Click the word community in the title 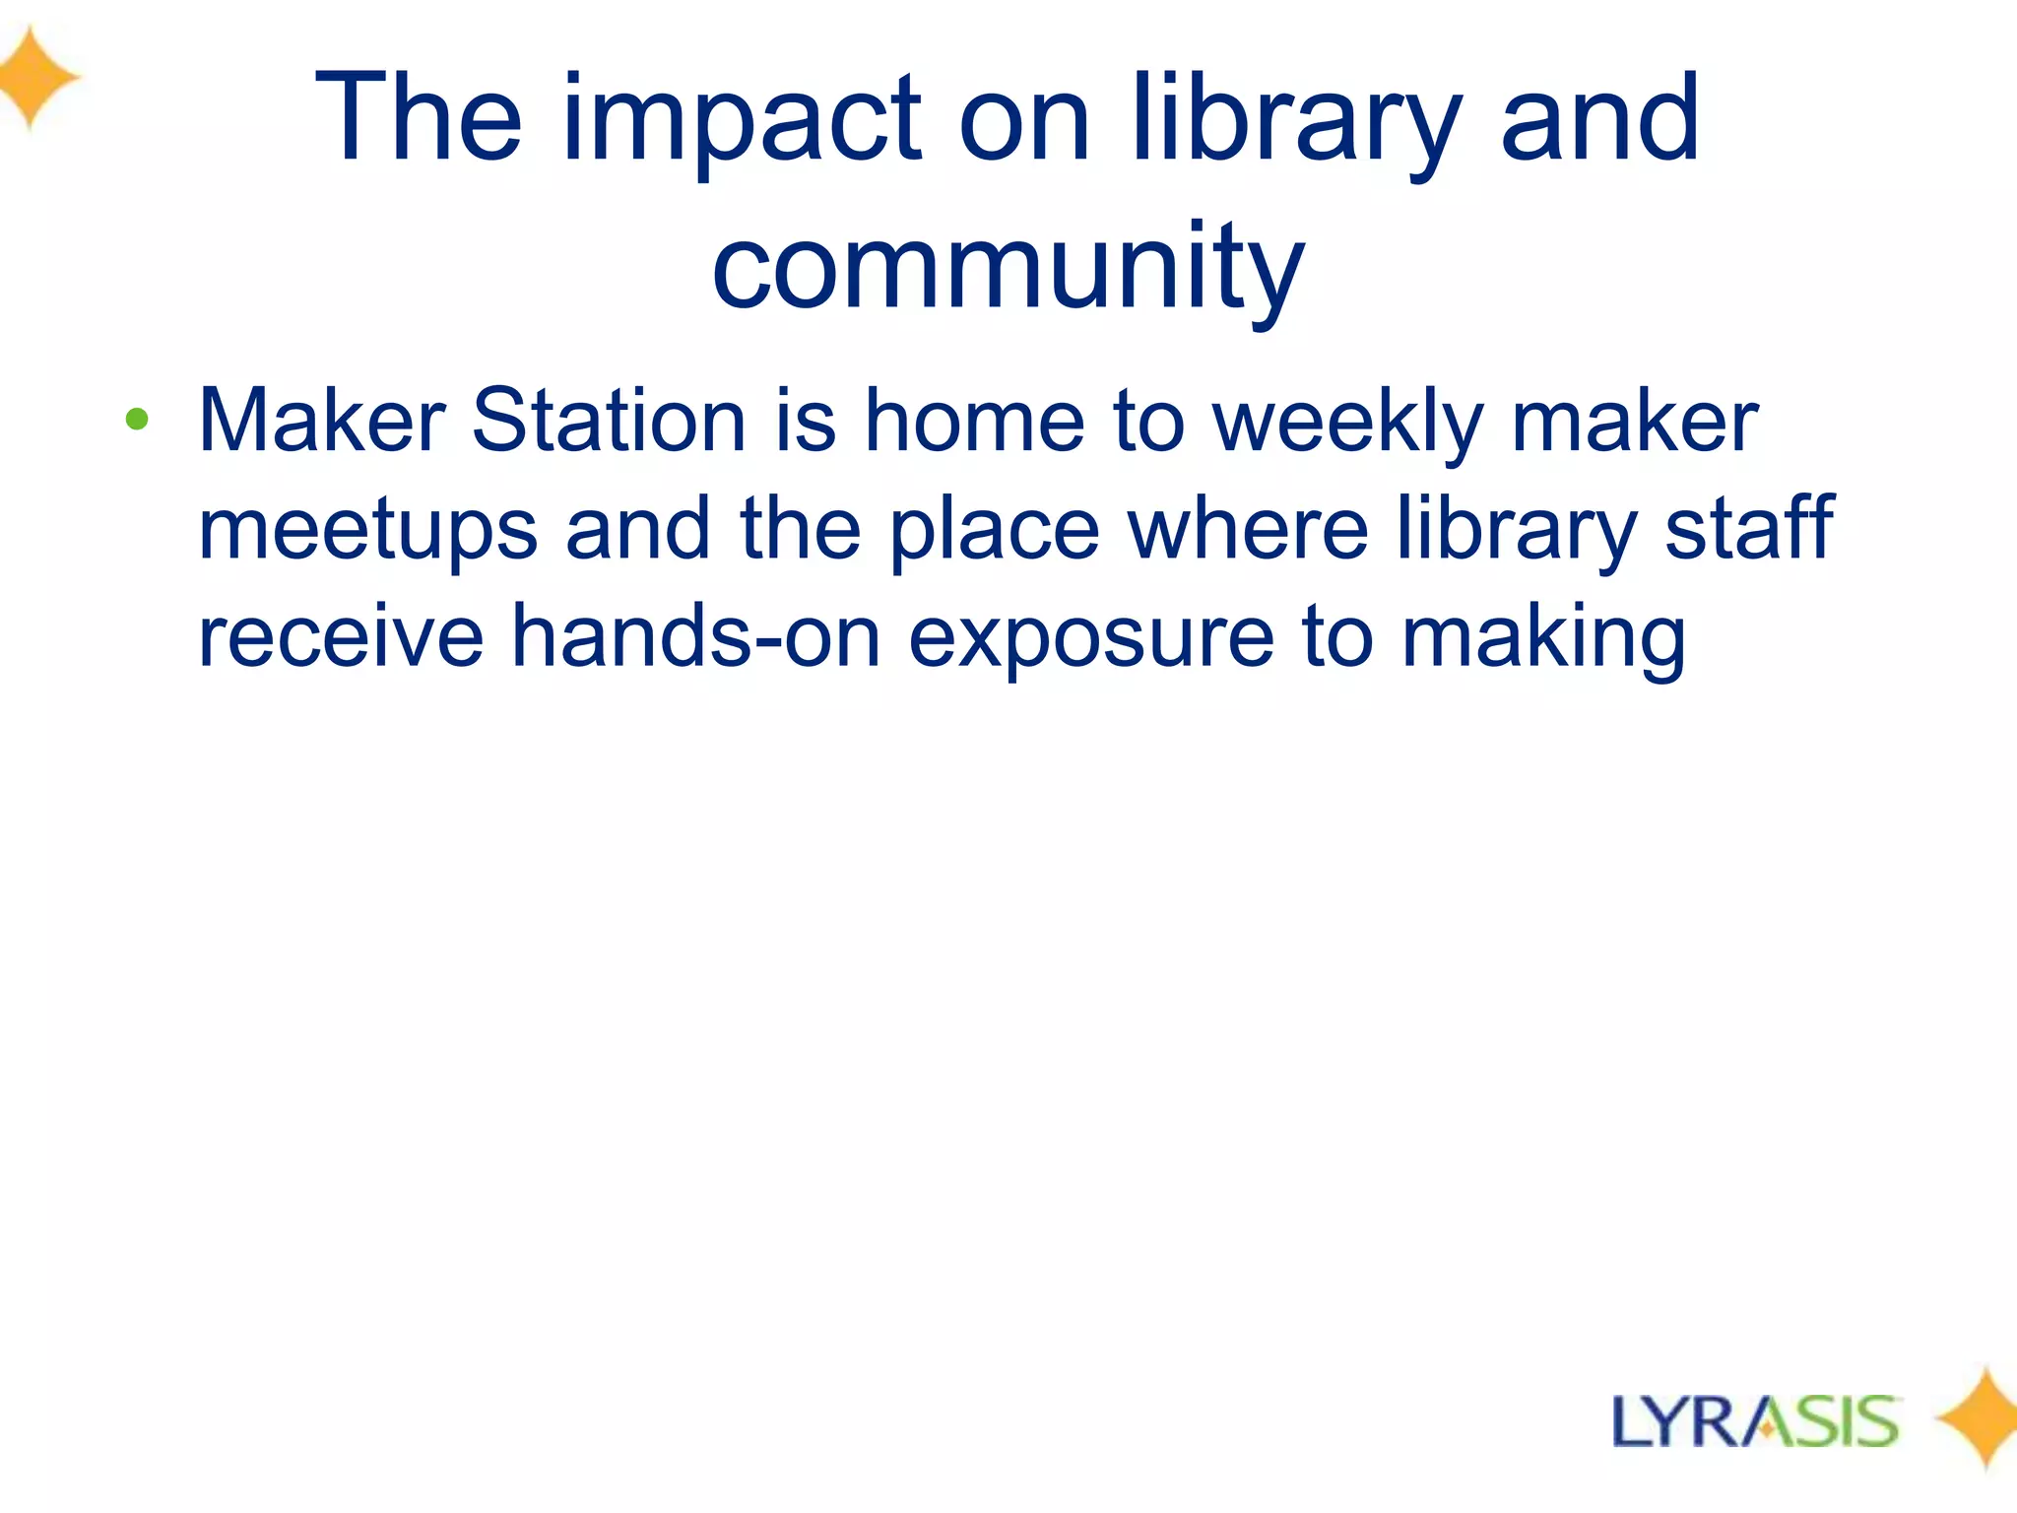(1008, 268)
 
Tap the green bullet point (137, 421)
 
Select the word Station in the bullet (609, 422)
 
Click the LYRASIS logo (1755, 1421)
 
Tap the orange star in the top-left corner (34, 77)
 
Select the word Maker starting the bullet (322, 422)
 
